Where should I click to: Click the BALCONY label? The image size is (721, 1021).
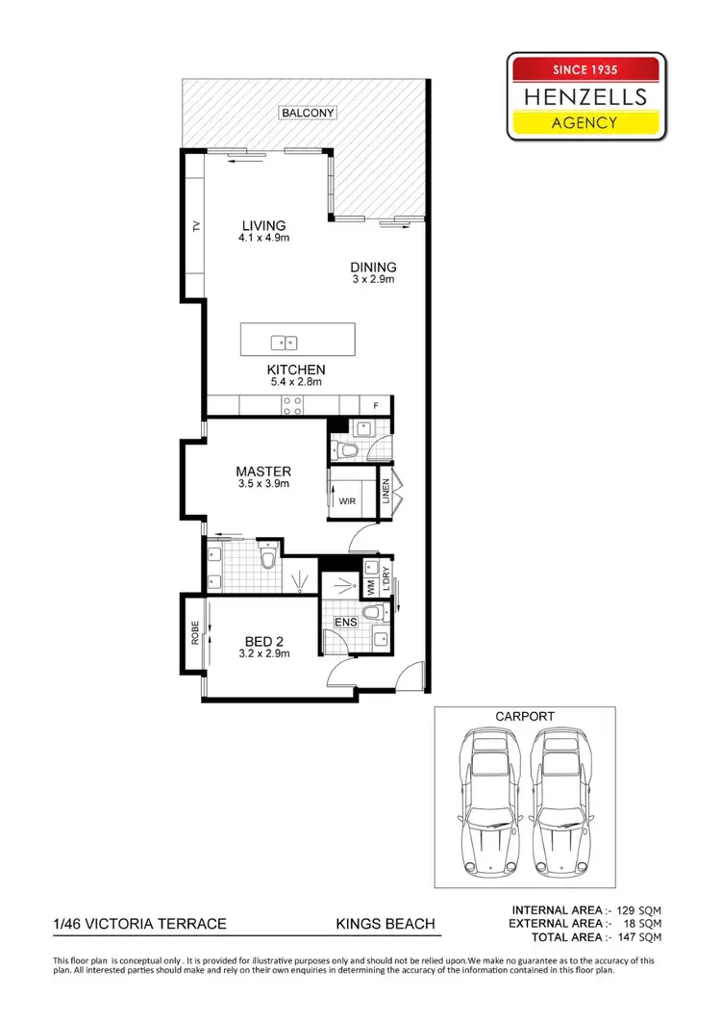(x=308, y=113)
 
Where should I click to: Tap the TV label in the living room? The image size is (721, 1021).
(x=195, y=227)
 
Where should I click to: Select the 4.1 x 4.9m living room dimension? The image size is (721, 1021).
(x=263, y=238)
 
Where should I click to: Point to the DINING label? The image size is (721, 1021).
(x=373, y=268)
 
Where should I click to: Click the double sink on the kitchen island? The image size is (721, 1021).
(x=285, y=342)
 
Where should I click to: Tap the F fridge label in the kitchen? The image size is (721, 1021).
(x=376, y=406)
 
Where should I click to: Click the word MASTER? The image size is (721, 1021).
(x=263, y=472)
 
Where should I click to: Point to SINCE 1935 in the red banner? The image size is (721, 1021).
(x=585, y=69)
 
